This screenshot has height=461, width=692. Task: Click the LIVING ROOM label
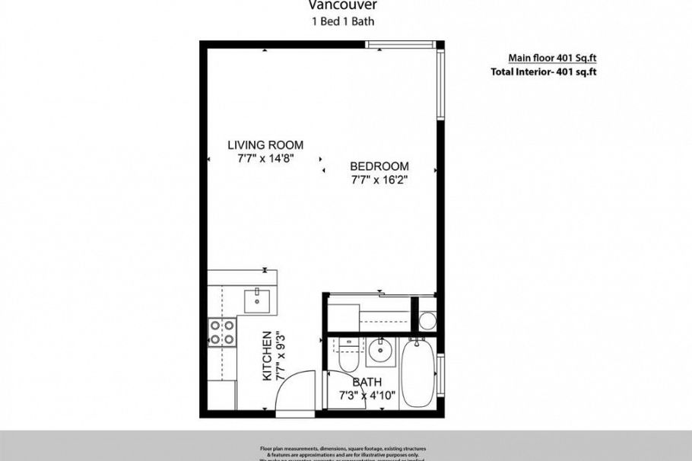coord(265,145)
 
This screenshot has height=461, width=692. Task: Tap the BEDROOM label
coord(379,167)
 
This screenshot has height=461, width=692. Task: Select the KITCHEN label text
coord(268,355)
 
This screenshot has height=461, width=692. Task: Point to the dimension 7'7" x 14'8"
coord(265,158)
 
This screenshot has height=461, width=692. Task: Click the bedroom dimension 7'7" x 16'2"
coord(379,180)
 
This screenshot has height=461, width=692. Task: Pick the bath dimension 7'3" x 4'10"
coord(367,396)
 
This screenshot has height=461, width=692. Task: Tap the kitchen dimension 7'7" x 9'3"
coord(281,355)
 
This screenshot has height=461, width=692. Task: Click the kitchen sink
coord(258,297)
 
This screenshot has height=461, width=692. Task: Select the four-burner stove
coord(222,331)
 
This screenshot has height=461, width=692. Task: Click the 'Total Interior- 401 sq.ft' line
coord(543,72)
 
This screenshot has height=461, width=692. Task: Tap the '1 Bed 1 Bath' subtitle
coord(343,21)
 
